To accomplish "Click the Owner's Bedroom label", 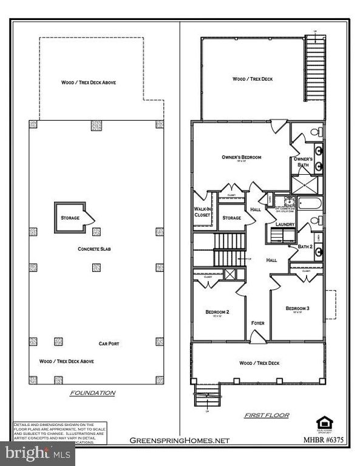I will click(241, 157).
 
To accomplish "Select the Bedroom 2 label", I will click(215, 312).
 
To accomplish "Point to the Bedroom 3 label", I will click(297, 308).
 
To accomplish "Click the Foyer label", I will click(257, 323).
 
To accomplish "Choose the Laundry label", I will click(285, 225).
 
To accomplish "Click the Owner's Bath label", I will click(303, 162).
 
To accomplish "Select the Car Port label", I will click(109, 343).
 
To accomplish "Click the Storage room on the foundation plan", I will click(70, 217).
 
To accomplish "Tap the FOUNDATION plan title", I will click(92, 393).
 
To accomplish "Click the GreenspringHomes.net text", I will click(180, 441).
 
